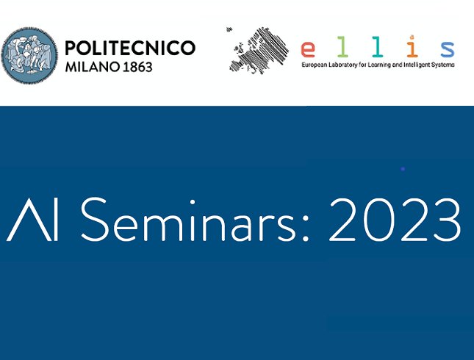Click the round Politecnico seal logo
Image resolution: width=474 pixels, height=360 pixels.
29,55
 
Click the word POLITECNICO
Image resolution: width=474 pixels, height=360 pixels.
130,48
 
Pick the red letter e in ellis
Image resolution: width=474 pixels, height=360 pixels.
308,49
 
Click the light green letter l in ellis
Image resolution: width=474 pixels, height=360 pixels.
342,46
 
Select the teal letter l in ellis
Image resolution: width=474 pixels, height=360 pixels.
377,46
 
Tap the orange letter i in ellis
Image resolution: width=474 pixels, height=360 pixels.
412,46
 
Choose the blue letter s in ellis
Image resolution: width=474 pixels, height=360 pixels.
447,49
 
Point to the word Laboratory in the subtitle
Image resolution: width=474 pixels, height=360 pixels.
343,65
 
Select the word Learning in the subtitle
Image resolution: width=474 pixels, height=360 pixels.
379,65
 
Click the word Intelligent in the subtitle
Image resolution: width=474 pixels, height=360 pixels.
417,65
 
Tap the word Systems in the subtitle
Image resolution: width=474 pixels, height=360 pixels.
443,65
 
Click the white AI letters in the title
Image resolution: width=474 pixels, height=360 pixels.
32,220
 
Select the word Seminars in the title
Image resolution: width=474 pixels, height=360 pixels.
189,220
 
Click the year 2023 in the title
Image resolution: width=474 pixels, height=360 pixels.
395,220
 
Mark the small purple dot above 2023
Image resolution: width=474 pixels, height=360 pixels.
403,169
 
